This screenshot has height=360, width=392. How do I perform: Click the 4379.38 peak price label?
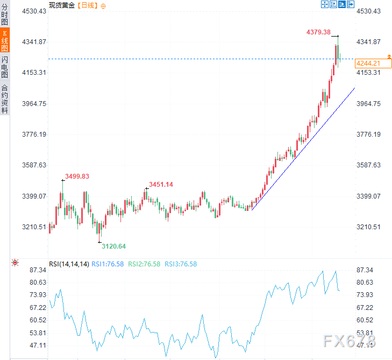click(x=318, y=32)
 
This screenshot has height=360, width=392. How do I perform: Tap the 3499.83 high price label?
click(x=77, y=176)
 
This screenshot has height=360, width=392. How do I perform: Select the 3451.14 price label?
click(x=161, y=185)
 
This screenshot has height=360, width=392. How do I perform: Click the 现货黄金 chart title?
click(x=62, y=5)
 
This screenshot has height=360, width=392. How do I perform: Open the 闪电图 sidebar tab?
click(x=5, y=66)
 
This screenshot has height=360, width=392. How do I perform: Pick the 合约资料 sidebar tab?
click(x=5, y=98)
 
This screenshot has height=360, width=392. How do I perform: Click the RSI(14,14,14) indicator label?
click(x=68, y=264)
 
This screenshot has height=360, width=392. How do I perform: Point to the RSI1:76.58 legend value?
click(x=108, y=264)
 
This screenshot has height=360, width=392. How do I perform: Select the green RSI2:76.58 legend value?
click(x=145, y=264)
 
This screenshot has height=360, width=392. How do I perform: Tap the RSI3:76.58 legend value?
click(x=181, y=264)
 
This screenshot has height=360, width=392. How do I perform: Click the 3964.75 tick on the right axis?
click(x=368, y=103)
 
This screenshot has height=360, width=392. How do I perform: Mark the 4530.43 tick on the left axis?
click(x=33, y=11)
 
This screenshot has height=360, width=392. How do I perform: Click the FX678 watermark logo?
click(x=349, y=340)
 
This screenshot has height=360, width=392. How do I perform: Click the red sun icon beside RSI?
click(x=15, y=263)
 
